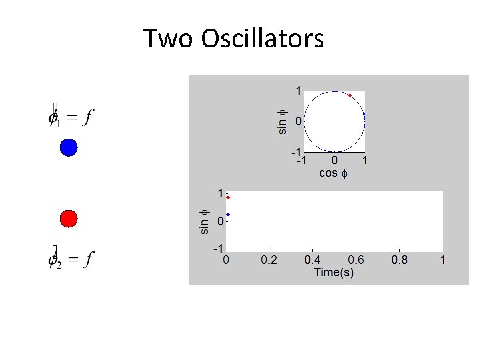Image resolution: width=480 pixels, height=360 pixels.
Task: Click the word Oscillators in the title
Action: point(263,39)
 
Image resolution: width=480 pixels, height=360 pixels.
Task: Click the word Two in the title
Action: point(167,39)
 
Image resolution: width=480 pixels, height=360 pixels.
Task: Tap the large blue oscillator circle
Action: point(69,147)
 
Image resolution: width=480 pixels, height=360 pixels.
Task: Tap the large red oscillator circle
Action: point(69,218)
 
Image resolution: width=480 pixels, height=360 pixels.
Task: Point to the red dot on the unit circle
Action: point(349,95)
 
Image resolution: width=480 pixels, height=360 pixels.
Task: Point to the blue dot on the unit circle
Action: point(364,115)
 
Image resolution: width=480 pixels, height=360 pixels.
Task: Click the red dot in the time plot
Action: point(228,197)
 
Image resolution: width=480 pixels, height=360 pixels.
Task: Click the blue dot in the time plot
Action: point(228,215)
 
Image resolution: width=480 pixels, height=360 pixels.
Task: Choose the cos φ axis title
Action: point(334,173)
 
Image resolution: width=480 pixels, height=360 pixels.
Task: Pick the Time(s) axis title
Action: point(334,273)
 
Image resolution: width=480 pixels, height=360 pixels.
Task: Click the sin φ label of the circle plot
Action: point(283,121)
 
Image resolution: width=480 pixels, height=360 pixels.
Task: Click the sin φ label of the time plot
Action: point(205,221)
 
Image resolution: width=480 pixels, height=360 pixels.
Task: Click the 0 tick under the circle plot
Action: point(334,161)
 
